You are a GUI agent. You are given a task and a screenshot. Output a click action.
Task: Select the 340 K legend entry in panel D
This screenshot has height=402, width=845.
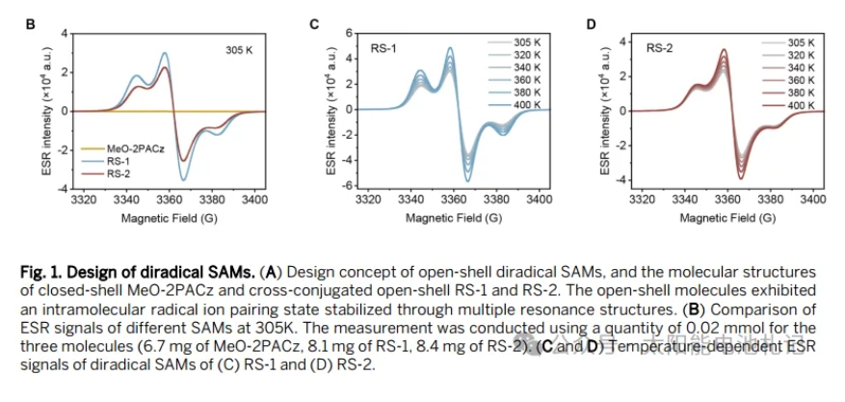tap(801, 67)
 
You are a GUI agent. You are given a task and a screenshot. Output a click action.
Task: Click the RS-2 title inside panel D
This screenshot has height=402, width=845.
tap(659, 46)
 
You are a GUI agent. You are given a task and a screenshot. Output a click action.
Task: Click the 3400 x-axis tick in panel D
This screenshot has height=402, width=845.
tap(813, 201)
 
